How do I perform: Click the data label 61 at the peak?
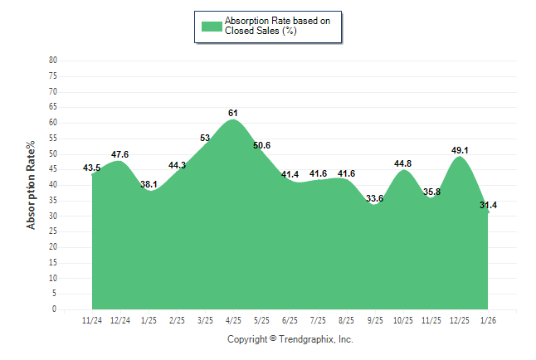coord(233,113)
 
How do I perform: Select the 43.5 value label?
coord(92,168)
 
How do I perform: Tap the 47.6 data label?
coord(119,154)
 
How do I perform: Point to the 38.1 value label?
coord(149,184)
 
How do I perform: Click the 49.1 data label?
coord(459,150)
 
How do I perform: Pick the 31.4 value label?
coord(490,205)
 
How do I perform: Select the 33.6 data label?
coord(374,198)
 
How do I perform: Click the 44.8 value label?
coord(402,163)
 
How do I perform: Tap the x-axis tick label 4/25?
coord(233,319)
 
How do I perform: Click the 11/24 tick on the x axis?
coord(92,319)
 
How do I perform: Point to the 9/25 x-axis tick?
coord(374,319)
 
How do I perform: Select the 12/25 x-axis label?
coord(460,319)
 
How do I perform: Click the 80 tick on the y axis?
coord(53,61)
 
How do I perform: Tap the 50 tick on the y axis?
coord(53,153)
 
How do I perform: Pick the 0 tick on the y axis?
coord(55,309)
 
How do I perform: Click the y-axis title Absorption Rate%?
coord(32,185)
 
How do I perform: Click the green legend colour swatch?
coord(211,26)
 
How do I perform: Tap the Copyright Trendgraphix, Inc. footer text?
coord(290,339)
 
